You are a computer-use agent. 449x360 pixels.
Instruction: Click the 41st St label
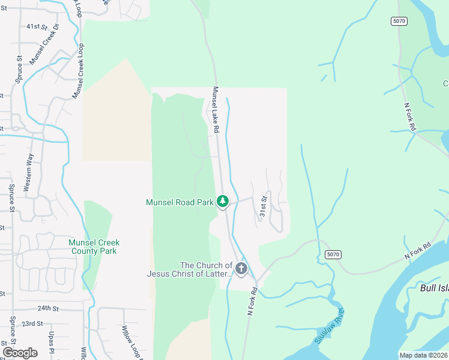[37, 27]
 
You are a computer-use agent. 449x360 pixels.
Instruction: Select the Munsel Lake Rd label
[216, 110]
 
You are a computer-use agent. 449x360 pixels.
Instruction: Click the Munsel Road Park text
[180, 203]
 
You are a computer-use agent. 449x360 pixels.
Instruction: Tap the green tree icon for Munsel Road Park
[223, 202]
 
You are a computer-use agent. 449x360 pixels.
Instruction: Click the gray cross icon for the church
[241, 269]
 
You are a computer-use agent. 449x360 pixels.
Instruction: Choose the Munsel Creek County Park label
[94, 247]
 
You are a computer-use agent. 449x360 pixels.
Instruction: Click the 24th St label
[48, 308]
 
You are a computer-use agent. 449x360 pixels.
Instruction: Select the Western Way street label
[28, 172]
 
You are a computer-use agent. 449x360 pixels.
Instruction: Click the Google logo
[20, 352]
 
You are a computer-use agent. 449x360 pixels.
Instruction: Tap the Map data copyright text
[423, 355]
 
